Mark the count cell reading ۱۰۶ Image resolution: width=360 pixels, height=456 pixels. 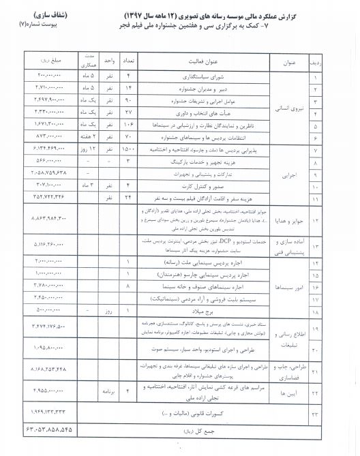coord(128,126)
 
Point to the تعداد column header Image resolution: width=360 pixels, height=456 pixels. coord(129,65)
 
